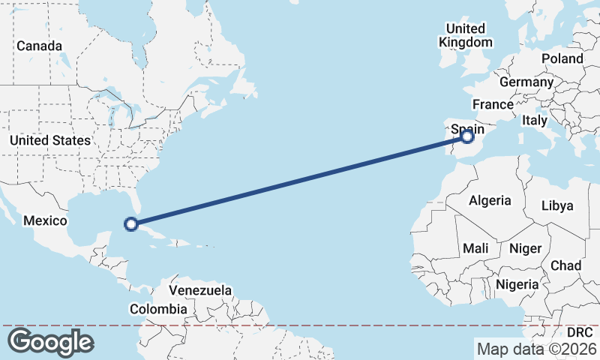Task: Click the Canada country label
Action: pyautogui.click(x=40, y=46)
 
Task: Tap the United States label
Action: pyautogui.click(x=50, y=140)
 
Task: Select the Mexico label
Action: pyautogui.click(x=45, y=220)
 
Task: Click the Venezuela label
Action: pyautogui.click(x=200, y=290)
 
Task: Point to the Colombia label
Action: pyautogui.click(x=158, y=309)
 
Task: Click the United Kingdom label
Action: pyautogui.click(x=466, y=35)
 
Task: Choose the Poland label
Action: pyautogui.click(x=562, y=58)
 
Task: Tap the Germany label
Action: pyautogui.click(x=525, y=82)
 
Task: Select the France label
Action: pyautogui.click(x=492, y=104)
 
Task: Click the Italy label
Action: pyautogui.click(x=535, y=120)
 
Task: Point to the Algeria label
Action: pyautogui.click(x=490, y=200)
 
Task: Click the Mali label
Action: pyautogui.click(x=475, y=248)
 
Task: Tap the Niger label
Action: pyautogui.click(x=525, y=248)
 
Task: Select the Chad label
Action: pyautogui.click(x=565, y=265)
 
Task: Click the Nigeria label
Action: pyautogui.click(x=517, y=284)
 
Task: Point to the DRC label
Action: pyautogui.click(x=579, y=331)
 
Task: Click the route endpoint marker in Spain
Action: pyautogui.click(x=467, y=136)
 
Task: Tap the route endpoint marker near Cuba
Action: pyautogui.click(x=131, y=223)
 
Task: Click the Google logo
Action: pyautogui.click(x=50, y=342)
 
